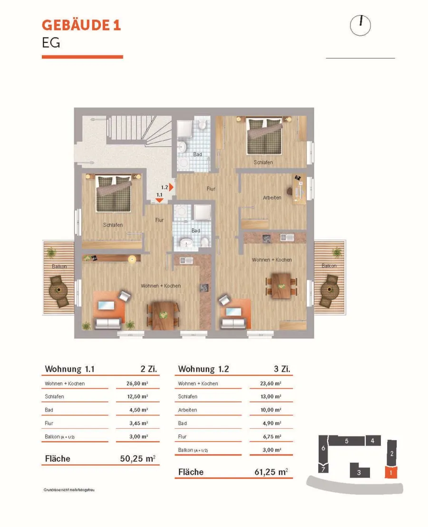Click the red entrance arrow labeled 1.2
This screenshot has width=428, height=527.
click(171, 187)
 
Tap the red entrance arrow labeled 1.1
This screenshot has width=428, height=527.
click(159, 201)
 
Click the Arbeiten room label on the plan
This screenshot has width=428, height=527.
click(272, 198)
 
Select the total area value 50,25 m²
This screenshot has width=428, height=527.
click(137, 459)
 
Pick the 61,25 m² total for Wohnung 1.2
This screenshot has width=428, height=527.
click(271, 472)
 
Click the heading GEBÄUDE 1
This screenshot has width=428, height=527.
click(81, 25)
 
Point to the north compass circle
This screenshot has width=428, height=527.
click(360, 26)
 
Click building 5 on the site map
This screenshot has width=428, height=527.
click(347, 441)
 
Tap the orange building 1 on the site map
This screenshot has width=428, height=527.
click(390, 472)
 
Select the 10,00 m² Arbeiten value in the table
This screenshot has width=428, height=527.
click(271, 410)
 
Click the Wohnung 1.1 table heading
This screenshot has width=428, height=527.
click(69, 369)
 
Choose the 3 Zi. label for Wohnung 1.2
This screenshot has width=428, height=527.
click(282, 369)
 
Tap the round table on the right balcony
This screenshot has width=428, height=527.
click(329, 289)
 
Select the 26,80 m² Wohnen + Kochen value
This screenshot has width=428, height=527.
click(137, 383)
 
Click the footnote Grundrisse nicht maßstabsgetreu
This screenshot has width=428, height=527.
click(69, 489)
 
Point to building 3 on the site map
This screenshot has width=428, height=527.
click(360, 470)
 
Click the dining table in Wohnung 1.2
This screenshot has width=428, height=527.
click(281, 286)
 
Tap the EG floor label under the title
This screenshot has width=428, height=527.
click(51, 43)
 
